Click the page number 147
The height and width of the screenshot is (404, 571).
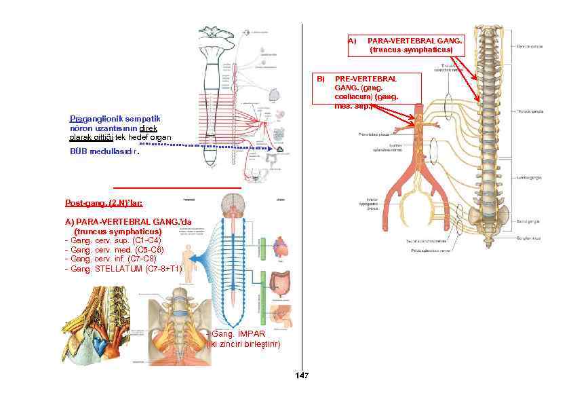tap(302, 376)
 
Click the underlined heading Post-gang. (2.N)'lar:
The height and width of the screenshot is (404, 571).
tap(104, 202)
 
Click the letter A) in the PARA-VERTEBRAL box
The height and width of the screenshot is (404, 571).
tap(352, 41)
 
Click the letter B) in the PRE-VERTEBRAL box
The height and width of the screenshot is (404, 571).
tap(322, 79)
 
